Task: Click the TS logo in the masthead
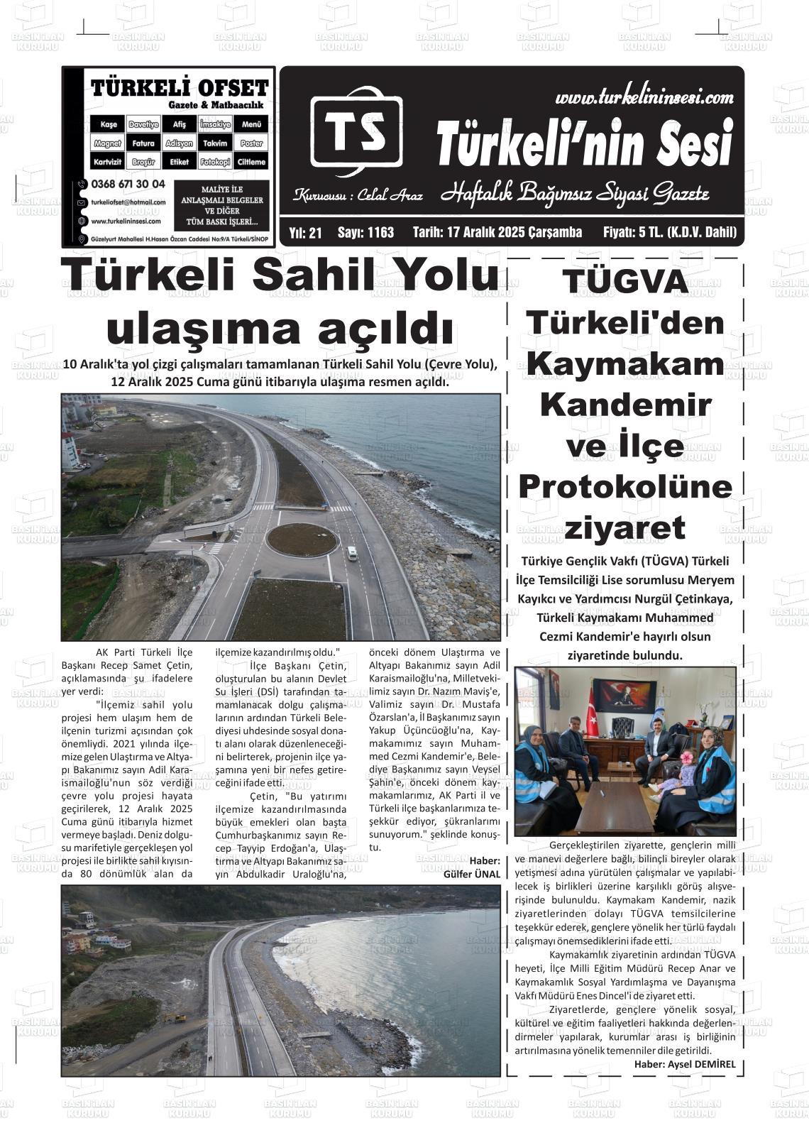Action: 356,131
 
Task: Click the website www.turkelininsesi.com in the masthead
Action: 644,97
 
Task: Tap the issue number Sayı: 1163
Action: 365,233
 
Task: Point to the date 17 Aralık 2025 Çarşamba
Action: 497,233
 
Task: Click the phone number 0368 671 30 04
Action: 128,184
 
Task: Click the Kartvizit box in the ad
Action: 108,162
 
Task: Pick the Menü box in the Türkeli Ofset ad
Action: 251,124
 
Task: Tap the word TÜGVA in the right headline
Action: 626,282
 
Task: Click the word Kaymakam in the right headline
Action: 626,364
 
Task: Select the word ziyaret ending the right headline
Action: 624,528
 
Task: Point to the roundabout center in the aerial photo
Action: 302,539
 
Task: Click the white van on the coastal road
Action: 352,554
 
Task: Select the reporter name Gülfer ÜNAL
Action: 471,874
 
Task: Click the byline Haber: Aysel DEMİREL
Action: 684,1064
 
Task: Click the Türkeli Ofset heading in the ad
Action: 180,88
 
